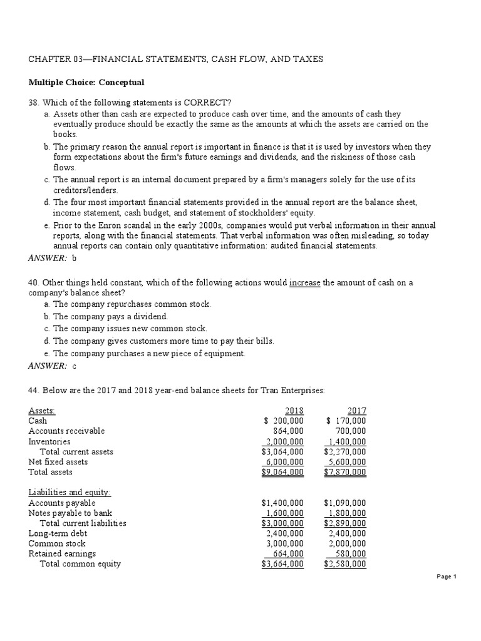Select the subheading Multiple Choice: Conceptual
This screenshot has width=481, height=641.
pos(86,82)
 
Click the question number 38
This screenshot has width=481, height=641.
pos(34,103)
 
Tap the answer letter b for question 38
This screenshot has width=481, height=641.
pos(73,258)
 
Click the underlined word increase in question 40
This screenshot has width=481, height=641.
pos(304,282)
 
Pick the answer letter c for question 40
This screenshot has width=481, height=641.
pos(74,366)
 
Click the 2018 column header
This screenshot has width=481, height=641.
pos(294,411)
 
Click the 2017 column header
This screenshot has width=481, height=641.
pos(357,411)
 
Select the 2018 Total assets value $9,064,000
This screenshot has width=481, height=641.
pos(282,472)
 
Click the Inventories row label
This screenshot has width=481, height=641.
pos(49,441)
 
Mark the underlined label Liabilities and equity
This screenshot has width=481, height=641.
pos(70,492)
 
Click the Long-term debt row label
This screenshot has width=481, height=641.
pos(58,533)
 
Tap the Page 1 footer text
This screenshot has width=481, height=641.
pos(447,577)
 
